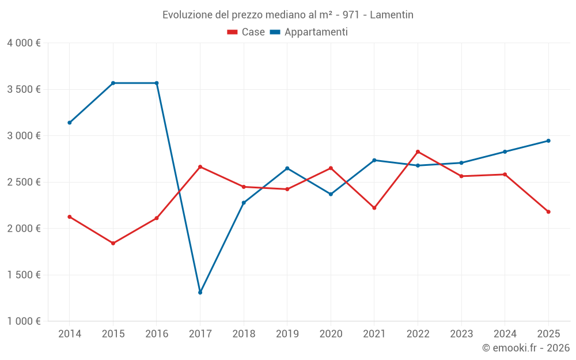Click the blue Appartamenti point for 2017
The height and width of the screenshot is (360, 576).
(200, 293)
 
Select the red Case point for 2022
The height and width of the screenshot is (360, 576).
(418, 151)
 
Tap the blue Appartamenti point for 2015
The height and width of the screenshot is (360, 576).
(113, 83)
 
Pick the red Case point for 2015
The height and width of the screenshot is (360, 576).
(113, 243)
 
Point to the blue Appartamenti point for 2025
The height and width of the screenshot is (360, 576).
(548, 141)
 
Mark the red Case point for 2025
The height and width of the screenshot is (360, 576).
(548, 212)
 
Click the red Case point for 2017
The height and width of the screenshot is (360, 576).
(200, 166)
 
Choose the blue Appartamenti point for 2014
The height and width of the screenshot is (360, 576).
(69, 123)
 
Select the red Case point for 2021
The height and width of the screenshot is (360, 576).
(374, 208)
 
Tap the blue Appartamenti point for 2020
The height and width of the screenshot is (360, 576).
(331, 194)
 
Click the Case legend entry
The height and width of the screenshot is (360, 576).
(247, 32)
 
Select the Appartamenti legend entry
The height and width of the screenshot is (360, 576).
(309, 32)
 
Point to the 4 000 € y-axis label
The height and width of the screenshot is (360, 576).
(24, 43)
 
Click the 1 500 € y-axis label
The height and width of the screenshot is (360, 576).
(24, 275)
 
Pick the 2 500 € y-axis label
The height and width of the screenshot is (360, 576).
(24, 182)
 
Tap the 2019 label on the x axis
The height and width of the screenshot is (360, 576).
(287, 334)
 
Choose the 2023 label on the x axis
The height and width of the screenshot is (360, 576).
(461, 334)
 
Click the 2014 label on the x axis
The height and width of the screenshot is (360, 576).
(69, 334)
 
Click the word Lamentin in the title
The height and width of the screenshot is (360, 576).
(391, 15)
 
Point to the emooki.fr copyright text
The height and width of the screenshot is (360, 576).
(525, 348)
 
